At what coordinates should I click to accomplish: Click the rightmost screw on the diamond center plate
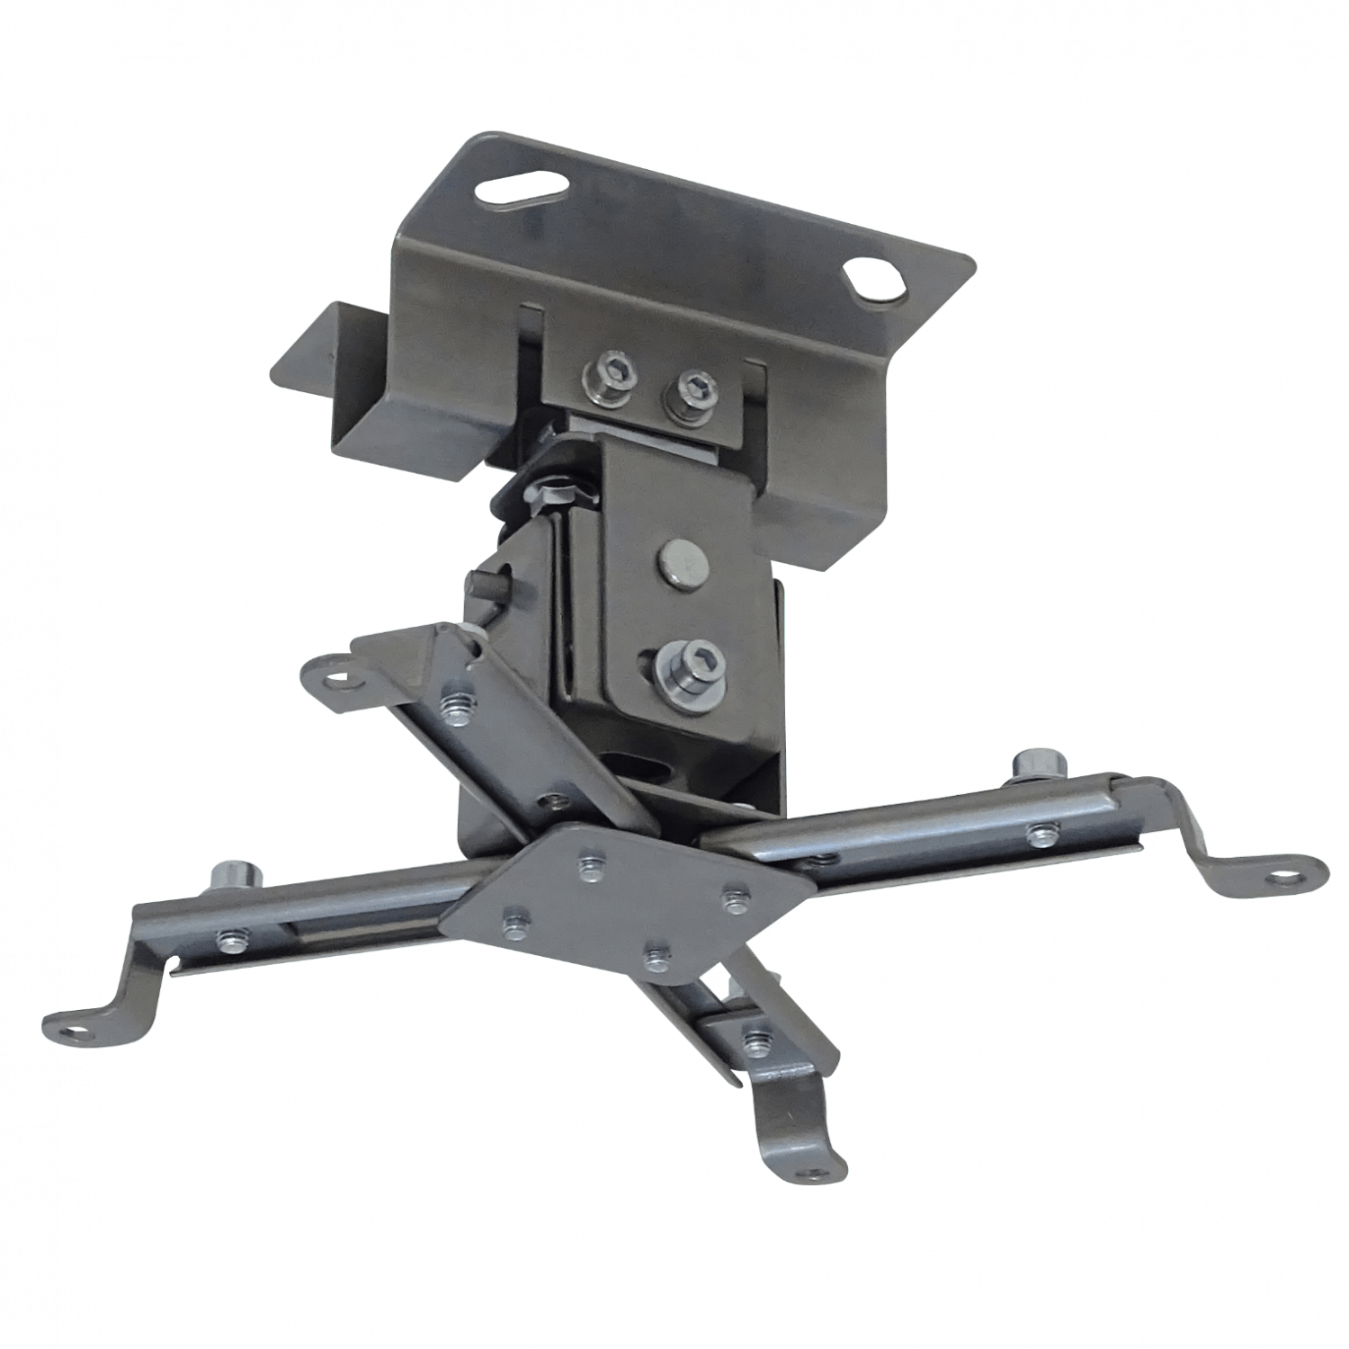coord(735,897)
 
